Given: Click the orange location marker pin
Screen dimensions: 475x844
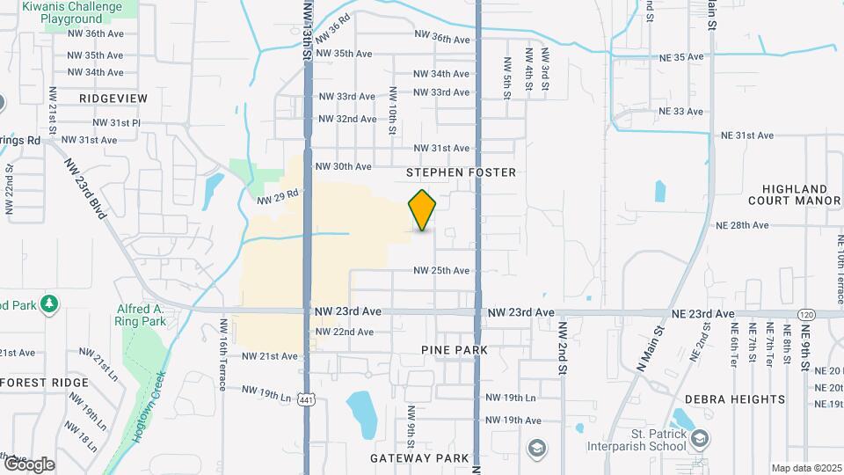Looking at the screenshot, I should [423, 209].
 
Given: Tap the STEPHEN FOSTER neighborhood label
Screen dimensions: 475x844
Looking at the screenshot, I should [461, 172].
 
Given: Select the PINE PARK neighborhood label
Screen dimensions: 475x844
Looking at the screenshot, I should [455, 350].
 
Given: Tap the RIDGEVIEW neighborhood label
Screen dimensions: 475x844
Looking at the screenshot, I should [113, 99].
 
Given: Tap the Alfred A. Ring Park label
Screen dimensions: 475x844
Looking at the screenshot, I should [142, 315].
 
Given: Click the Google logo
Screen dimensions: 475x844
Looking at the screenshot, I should [28, 464].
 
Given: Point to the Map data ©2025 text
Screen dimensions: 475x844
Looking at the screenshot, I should [805, 468].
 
